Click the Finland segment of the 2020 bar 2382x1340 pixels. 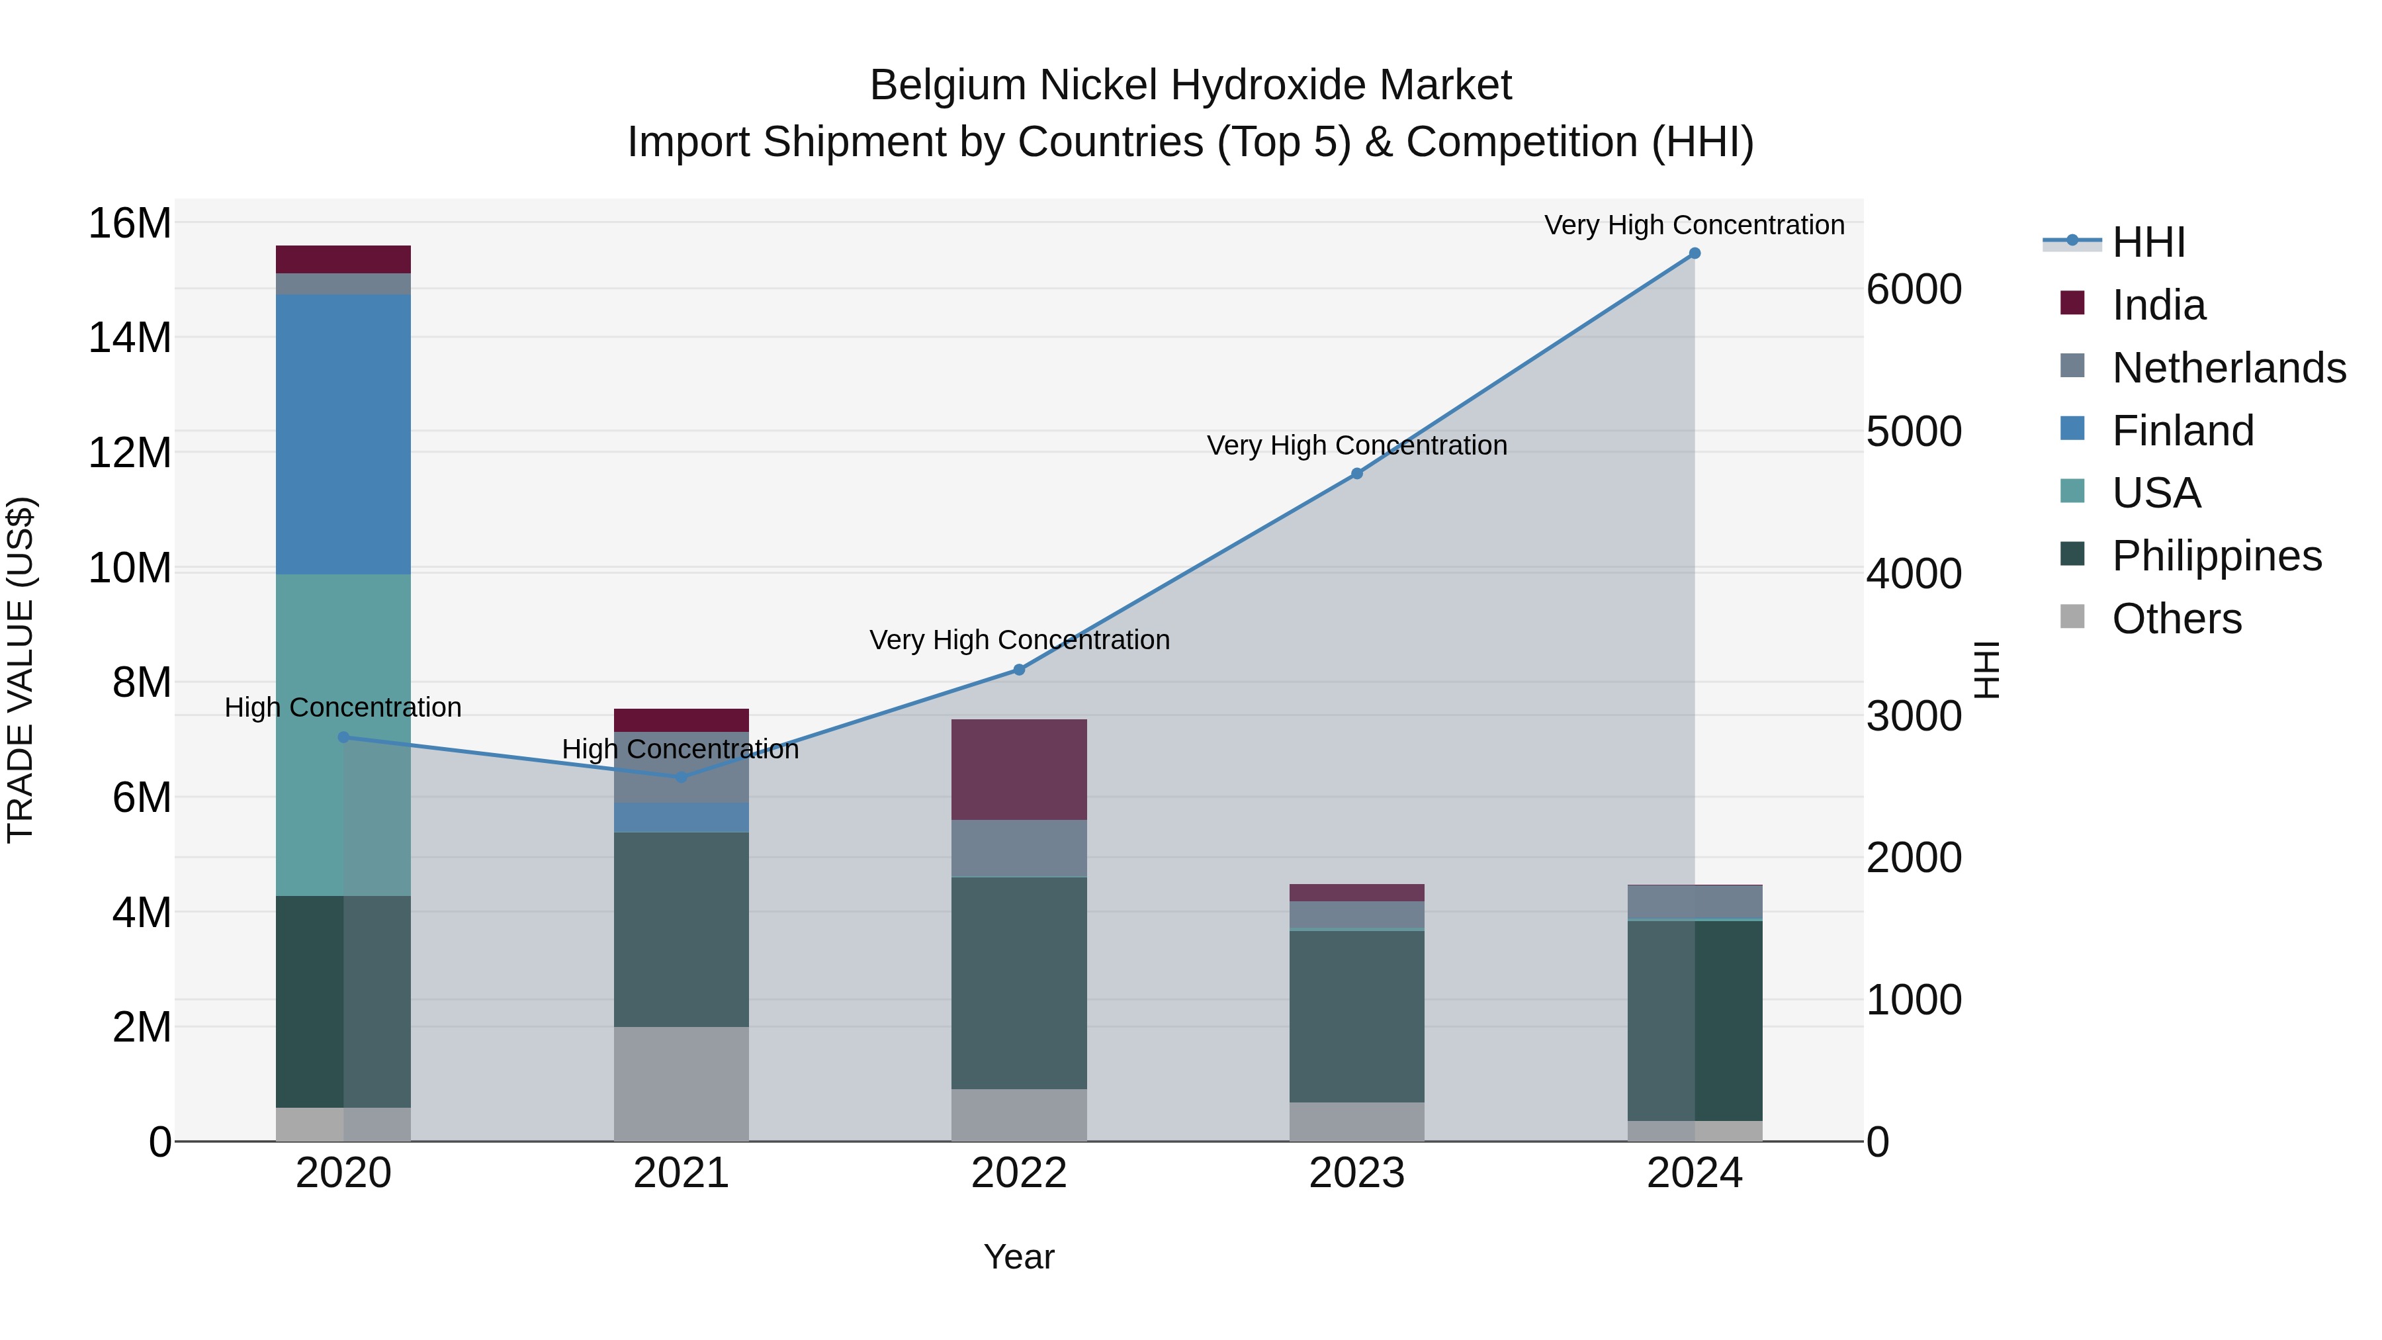[x=343, y=435]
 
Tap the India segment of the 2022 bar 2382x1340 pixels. [x=1019, y=770]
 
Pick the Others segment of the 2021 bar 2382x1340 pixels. [x=682, y=1084]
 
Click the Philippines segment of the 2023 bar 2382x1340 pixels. [x=1356, y=1015]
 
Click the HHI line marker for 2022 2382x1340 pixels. [x=1019, y=670]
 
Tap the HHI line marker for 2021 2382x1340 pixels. [x=682, y=778]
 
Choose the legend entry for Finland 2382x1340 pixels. [x=2182, y=431]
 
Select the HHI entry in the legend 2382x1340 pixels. [x=2148, y=242]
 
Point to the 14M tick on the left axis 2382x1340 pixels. [x=130, y=338]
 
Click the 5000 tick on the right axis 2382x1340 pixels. [x=1913, y=432]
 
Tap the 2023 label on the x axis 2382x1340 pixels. [x=1356, y=1173]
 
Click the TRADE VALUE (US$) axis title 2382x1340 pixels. [x=21, y=670]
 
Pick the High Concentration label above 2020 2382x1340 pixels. [x=343, y=708]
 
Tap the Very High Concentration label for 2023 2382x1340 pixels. [x=1356, y=446]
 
